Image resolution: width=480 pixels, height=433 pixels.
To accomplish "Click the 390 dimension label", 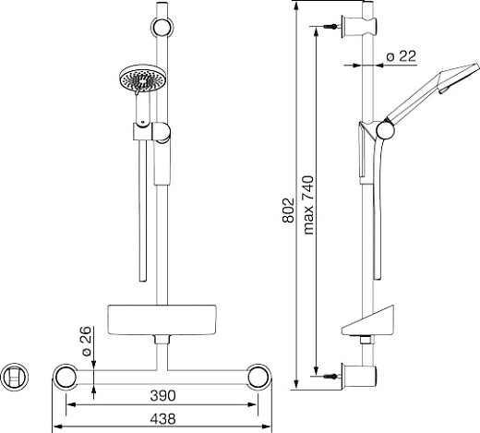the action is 162,396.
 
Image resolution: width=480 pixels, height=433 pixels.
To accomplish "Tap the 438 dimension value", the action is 162,419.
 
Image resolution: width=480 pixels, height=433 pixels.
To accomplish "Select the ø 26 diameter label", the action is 87,341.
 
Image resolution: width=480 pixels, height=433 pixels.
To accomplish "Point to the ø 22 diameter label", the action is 402,56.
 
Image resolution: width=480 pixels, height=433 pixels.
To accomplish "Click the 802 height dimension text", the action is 288,210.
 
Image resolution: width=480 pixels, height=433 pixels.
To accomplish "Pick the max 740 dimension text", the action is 308,205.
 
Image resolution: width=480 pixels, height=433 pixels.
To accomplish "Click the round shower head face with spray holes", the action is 142,78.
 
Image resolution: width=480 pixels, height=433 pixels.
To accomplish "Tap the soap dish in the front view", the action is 162,320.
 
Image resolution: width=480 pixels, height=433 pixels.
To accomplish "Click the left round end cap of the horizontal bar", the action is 65,377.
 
